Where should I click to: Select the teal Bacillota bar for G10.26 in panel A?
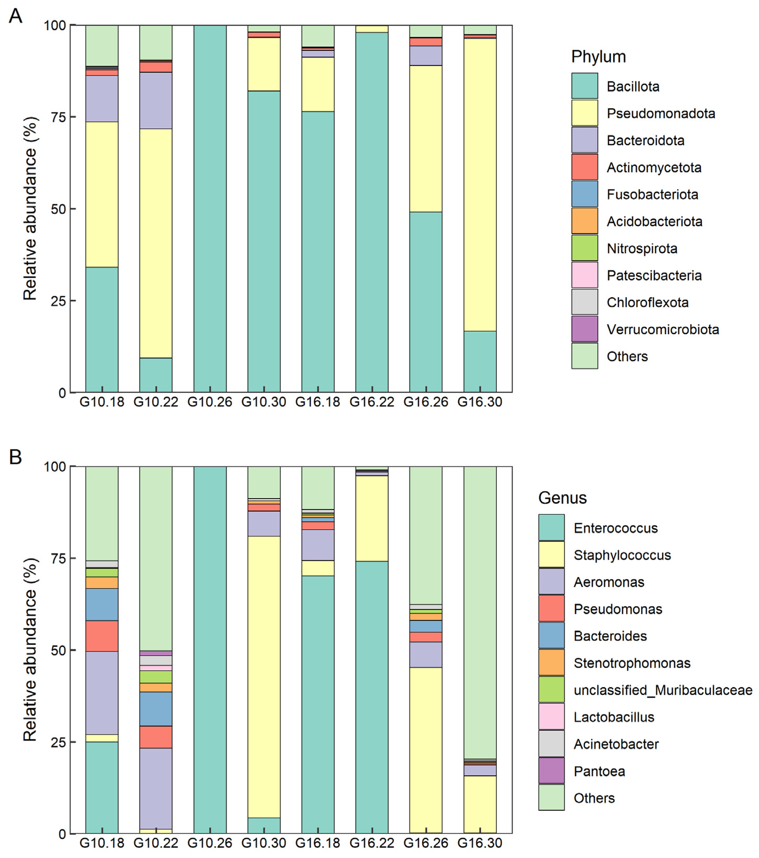point(210,209)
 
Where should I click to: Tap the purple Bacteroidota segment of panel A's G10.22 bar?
point(156,101)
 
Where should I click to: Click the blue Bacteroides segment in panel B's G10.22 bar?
point(156,709)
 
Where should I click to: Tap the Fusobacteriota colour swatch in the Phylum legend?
point(584,194)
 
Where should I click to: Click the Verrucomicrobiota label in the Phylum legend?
point(662,329)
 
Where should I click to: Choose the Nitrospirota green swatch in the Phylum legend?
point(584,248)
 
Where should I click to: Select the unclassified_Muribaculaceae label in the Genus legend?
point(663,690)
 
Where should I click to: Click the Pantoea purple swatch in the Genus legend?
point(551,771)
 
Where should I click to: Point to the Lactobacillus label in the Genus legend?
point(614,717)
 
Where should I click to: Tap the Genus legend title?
point(562,498)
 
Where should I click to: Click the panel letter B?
point(15,457)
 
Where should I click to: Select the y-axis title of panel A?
point(30,209)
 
